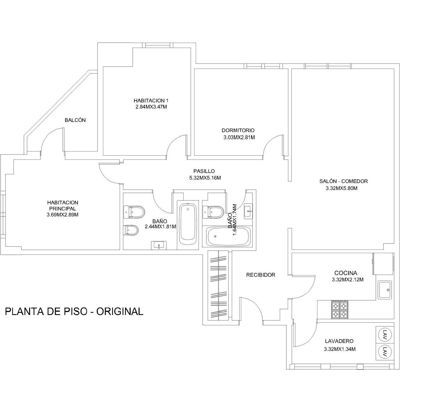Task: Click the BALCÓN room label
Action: (x=75, y=120)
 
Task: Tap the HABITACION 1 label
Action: (x=151, y=100)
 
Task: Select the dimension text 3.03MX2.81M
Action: (x=239, y=137)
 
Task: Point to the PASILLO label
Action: (x=204, y=171)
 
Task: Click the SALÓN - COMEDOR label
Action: (x=344, y=181)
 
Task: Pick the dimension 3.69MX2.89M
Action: (x=63, y=215)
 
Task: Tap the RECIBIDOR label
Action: (x=261, y=275)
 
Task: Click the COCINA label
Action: (x=346, y=273)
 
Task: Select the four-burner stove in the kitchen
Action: (x=340, y=310)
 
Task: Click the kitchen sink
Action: (x=385, y=290)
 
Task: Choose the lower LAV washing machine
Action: (x=385, y=351)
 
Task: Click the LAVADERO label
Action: (x=339, y=341)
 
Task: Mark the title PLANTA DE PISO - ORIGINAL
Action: (x=74, y=311)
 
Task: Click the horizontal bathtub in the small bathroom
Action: (x=229, y=236)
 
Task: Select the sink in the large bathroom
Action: (x=159, y=245)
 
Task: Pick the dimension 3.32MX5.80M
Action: (x=341, y=188)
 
